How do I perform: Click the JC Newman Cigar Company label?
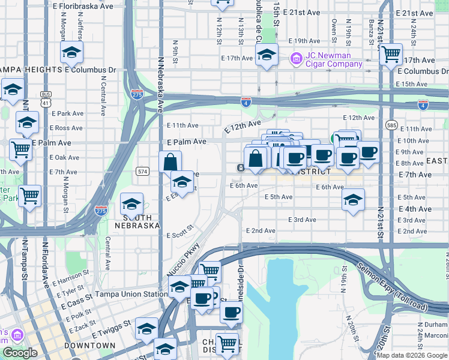(x=334, y=61)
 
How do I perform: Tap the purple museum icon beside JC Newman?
(x=296, y=59)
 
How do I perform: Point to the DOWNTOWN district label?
(x=90, y=346)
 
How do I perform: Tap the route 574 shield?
(x=142, y=171)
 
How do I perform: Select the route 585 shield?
(x=392, y=125)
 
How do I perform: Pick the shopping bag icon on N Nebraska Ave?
(x=170, y=161)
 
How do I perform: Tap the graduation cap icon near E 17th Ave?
(x=267, y=55)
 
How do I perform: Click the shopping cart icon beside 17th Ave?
(x=391, y=54)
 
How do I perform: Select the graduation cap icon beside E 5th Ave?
(x=354, y=200)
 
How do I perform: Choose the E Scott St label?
(x=181, y=231)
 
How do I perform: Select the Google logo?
(x=20, y=353)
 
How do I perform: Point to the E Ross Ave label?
(x=66, y=128)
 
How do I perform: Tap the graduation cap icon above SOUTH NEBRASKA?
(x=131, y=204)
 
